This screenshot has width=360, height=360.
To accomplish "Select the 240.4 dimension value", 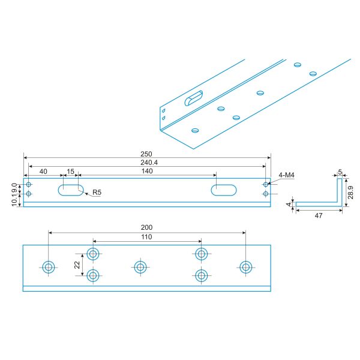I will pyautogui.click(x=147, y=163).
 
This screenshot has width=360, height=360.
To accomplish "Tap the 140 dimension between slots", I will pyautogui.click(x=147, y=172).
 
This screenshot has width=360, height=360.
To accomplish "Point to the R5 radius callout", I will pyautogui.click(x=96, y=193).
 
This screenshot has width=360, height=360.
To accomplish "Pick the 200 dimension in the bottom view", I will pyautogui.click(x=147, y=227).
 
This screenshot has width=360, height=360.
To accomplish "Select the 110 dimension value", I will pyautogui.click(x=147, y=237).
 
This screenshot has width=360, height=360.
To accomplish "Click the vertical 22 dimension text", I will pyautogui.click(x=77, y=265).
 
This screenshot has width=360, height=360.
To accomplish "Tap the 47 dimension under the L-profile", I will pyautogui.click(x=319, y=215).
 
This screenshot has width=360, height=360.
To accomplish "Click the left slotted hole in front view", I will pyautogui.click(x=70, y=190).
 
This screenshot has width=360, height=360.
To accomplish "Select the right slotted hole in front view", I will pyautogui.click(x=224, y=190).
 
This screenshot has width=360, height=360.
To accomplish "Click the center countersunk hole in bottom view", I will pyautogui.click(x=140, y=267).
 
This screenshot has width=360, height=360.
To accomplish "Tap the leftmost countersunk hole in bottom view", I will pyautogui.click(x=49, y=267).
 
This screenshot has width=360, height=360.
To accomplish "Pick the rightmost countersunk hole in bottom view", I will pyautogui.click(x=245, y=267).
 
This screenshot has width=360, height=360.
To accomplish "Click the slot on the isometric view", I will pyautogui.click(x=194, y=98).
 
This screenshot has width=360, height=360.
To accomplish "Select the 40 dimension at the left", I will pyautogui.click(x=43, y=172).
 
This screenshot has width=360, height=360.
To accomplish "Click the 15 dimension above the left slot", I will pyautogui.click(x=70, y=172).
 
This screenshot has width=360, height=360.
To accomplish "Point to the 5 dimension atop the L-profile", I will pyautogui.click(x=340, y=172).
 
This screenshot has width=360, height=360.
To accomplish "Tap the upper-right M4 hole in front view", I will pyautogui.click(x=266, y=185).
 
